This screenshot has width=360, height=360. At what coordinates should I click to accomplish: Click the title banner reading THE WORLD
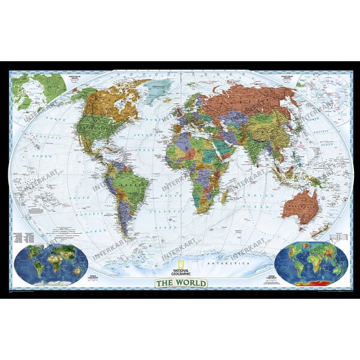pos(180,283)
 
